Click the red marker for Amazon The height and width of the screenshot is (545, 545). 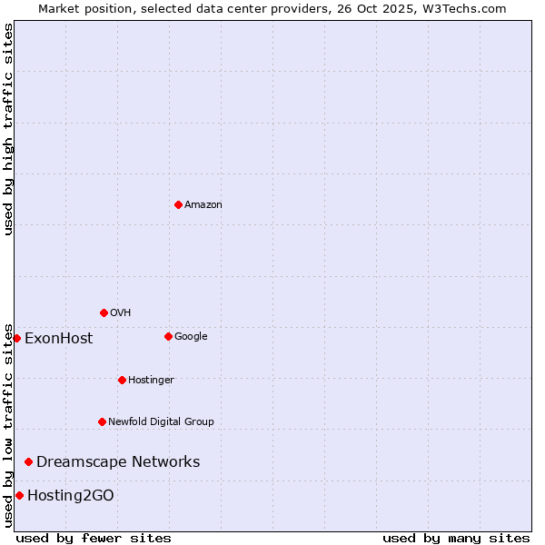178,204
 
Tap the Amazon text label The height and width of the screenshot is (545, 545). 203,205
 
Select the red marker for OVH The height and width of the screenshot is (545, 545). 104,312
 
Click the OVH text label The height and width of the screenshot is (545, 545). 121,313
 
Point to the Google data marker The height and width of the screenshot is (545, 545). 168,336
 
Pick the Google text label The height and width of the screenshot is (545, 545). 191,337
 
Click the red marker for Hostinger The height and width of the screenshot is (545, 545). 122,380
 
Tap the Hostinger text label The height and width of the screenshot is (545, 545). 151,381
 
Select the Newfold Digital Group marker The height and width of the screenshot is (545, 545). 102,421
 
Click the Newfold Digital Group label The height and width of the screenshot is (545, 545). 161,422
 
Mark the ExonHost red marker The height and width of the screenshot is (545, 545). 16,338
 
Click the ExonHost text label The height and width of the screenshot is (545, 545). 58,339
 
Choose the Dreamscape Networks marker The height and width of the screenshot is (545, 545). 28,461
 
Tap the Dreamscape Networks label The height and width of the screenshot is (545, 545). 118,462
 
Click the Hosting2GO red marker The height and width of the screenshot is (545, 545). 19,495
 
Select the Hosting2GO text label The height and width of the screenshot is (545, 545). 71,496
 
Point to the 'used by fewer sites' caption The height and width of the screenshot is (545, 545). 94,538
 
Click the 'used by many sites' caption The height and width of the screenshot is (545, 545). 456,538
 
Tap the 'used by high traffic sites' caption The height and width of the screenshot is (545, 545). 8,129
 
